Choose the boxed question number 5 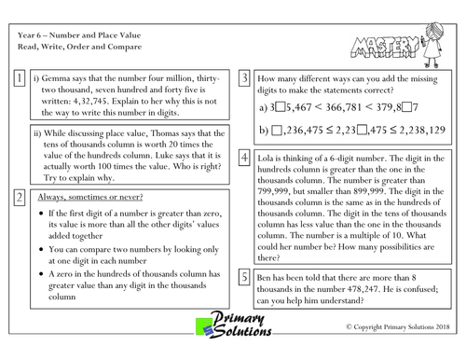[x=244, y=277]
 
